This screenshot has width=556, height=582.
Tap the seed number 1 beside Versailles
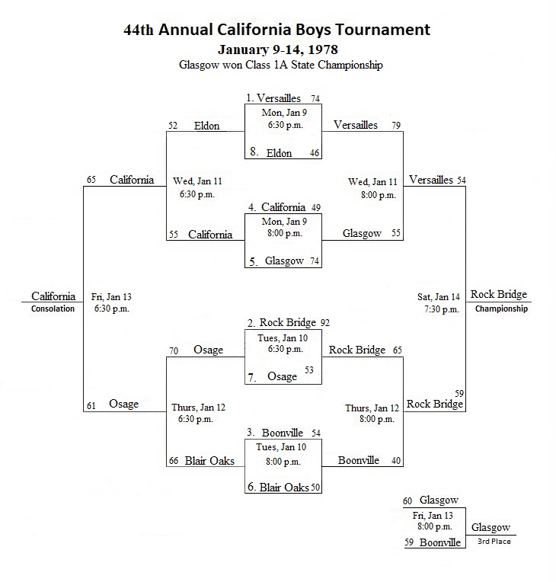(x=249, y=98)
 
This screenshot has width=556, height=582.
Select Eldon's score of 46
(x=315, y=153)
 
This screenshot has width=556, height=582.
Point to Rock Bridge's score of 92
(x=325, y=323)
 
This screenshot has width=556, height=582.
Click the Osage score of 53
(x=309, y=370)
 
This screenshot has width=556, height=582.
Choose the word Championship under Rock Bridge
(x=501, y=309)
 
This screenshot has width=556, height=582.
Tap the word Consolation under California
(x=53, y=309)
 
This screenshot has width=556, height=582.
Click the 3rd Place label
(x=494, y=542)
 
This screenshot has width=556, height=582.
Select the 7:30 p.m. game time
(x=442, y=309)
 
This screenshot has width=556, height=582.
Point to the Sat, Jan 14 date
(x=439, y=297)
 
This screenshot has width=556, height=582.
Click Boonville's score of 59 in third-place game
(x=409, y=542)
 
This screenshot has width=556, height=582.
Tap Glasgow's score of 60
(x=407, y=501)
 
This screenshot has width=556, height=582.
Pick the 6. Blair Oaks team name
(x=278, y=487)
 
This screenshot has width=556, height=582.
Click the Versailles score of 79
(x=396, y=126)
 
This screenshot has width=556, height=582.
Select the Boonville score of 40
(x=396, y=461)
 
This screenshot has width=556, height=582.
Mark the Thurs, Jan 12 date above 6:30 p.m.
(x=198, y=408)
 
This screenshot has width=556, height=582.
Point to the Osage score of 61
(x=91, y=406)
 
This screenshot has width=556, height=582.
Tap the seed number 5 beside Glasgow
(x=253, y=262)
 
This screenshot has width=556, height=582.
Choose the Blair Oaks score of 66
(x=174, y=461)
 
